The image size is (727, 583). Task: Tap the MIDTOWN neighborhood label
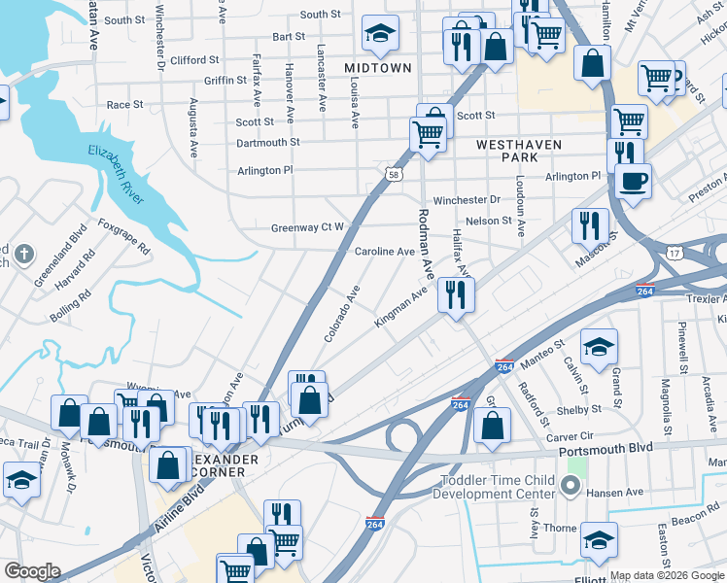click(378, 68)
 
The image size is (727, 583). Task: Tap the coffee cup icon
click(633, 180)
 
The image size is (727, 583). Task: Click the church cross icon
click(24, 257)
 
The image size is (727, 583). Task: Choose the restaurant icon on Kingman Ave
click(456, 293)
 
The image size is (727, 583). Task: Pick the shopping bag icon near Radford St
click(494, 425)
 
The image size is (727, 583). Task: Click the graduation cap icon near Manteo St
click(599, 347)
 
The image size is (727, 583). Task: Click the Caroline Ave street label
click(384, 252)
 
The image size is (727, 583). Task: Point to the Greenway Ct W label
click(307, 228)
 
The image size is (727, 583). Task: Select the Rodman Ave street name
click(425, 239)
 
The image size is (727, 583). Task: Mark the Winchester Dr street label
click(467, 200)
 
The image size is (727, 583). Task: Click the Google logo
click(32, 571)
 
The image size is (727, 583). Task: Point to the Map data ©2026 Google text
click(666, 575)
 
